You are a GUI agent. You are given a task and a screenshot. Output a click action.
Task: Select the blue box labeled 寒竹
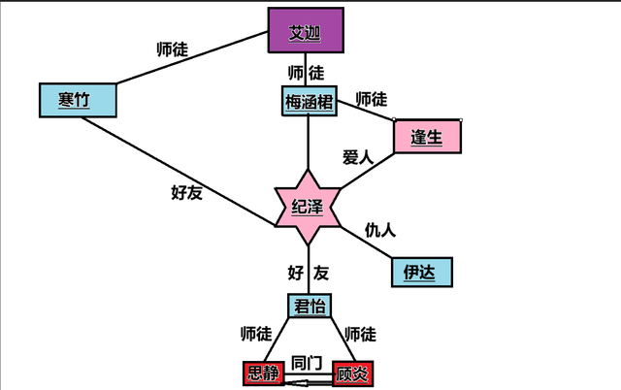[x=78, y=99]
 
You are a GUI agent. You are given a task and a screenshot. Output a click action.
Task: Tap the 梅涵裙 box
[x=310, y=101]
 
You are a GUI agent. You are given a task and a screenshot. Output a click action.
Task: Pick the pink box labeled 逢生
[x=427, y=137]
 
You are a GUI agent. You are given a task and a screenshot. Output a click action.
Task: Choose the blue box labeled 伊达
[x=421, y=273]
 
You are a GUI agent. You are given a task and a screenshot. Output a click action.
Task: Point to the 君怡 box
[x=310, y=307]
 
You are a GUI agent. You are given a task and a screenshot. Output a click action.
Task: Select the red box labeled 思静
[x=264, y=374]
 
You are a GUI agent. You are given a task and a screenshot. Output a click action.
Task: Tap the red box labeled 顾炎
[x=352, y=374]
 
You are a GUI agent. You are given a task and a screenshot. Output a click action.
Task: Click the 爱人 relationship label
[x=357, y=156]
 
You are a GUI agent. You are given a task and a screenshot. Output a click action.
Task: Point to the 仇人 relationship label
[x=379, y=230]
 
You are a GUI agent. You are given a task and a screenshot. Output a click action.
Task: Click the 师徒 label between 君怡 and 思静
[x=255, y=334]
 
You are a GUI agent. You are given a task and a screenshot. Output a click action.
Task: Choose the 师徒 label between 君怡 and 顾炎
[x=360, y=334]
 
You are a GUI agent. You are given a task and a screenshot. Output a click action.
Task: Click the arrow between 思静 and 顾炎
[x=309, y=383]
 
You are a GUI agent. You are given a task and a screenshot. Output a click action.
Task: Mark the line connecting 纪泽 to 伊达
[x=364, y=244]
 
